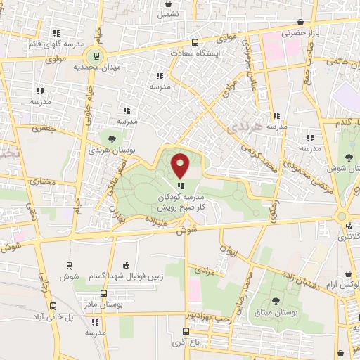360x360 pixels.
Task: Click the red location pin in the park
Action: click(181, 166)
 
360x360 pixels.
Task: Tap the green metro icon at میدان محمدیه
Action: click(91, 56)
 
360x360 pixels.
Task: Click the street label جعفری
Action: click(46, 129)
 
